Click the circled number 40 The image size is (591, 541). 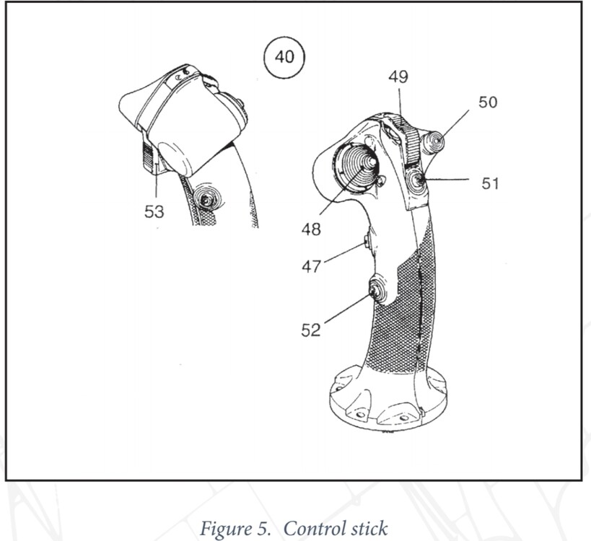point(284,56)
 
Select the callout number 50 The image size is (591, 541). point(487,102)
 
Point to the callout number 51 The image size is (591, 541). point(491,183)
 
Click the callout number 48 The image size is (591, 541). point(312,230)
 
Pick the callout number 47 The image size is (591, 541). point(312,267)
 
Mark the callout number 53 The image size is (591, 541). point(154,212)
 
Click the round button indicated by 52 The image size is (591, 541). point(377,291)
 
